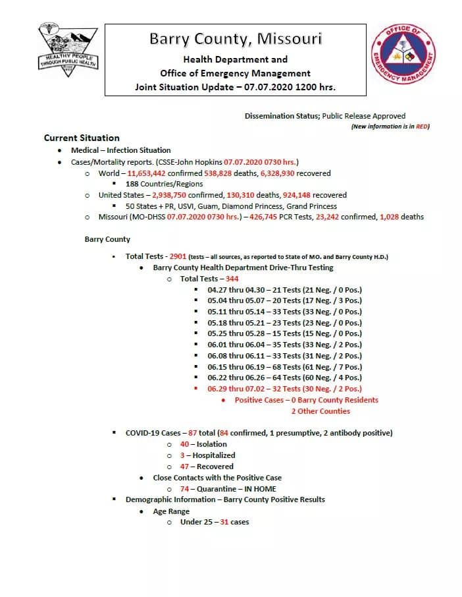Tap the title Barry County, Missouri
point(235,39)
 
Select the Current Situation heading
point(82,138)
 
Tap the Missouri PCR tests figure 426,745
point(284,217)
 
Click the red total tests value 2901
point(178,256)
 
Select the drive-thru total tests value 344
point(232,279)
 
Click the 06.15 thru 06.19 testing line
point(284,367)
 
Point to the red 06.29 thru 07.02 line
point(284,389)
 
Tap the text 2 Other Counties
point(321,411)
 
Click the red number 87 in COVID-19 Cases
point(192,433)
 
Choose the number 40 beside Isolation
point(185,444)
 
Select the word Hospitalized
point(214,455)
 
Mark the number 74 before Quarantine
point(185,489)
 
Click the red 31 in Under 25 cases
point(224,522)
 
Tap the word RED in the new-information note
point(421,127)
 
